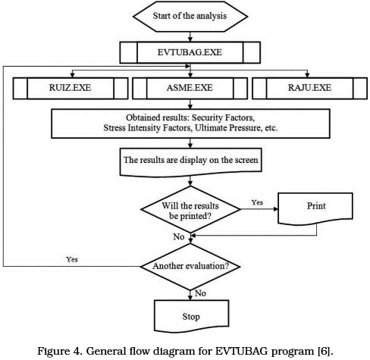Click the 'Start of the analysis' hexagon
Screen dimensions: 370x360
coord(190,16)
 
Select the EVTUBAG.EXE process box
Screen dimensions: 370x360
coord(190,52)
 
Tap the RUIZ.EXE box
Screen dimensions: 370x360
coord(71,88)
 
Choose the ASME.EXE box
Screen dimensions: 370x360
coord(190,88)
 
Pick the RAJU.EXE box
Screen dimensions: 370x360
coord(309,88)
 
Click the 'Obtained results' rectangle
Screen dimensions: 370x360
coord(190,124)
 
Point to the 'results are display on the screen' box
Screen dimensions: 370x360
coord(190,162)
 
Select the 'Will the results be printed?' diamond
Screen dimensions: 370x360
coord(190,209)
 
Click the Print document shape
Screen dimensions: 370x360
coord(315,208)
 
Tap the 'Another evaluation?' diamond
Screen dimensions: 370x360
coord(190,266)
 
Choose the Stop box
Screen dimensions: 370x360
coord(191,316)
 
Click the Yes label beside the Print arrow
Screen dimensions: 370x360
coord(257,202)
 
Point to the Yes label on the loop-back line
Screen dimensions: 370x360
coord(72,259)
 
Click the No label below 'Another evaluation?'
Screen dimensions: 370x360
coord(200,293)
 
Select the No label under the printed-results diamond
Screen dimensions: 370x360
coord(179,236)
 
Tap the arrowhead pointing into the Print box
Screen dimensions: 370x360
coord(275,209)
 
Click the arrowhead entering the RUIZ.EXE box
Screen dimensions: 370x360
coord(72,75)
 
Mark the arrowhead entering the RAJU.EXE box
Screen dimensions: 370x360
coord(307,75)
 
